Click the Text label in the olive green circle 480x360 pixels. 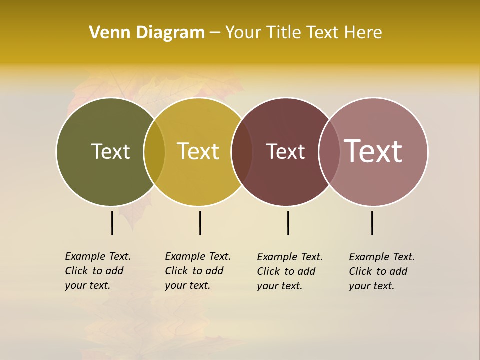(x=110, y=151)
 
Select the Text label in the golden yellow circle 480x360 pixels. (x=198, y=151)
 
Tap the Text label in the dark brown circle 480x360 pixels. (x=285, y=152)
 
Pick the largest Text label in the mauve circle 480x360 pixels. (x=373, y=151)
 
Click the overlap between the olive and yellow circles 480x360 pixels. (x=154, y=152)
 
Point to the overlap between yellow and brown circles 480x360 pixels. (x=242, y=152)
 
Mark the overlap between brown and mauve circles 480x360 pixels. (x=329, y=152)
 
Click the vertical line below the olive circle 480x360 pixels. (x=112, y=223)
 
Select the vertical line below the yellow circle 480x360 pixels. (x=200, y=223)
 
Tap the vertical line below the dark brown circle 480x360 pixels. (x=288, y=223)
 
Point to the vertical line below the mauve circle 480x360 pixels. (x=372, y=223)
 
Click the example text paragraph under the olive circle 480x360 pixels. (x=97, y=271)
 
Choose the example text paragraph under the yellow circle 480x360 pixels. (x=197, y=271)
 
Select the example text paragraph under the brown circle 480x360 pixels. (x=289, y=271)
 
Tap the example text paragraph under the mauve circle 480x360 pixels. (x=381, y=271)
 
